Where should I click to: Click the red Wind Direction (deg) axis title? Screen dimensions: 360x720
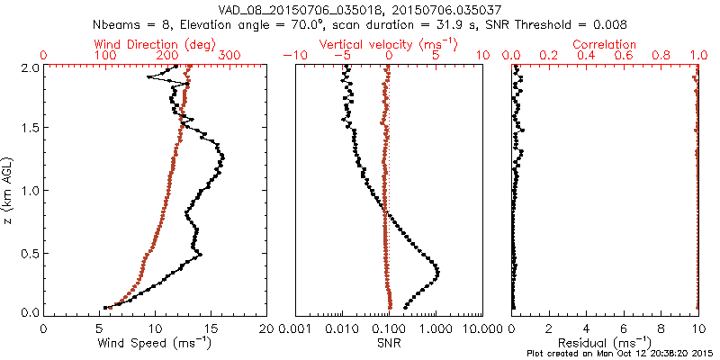click(154, 44)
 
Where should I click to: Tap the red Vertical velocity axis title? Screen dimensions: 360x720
click(389, 44)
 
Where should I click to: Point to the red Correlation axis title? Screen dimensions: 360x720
click(606, 44)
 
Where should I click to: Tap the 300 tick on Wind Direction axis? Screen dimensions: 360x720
click(229, 56)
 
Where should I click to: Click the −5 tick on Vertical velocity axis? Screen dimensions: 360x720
click(342, 56)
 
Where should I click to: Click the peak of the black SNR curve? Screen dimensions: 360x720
click(437, 271)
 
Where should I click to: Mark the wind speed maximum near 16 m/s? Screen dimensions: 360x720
click(221, 158)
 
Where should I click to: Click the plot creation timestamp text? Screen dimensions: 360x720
click(624, 352)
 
